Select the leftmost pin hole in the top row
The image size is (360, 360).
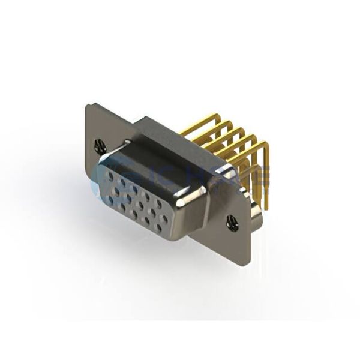(110, 173)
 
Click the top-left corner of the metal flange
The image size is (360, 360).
(88, 105)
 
